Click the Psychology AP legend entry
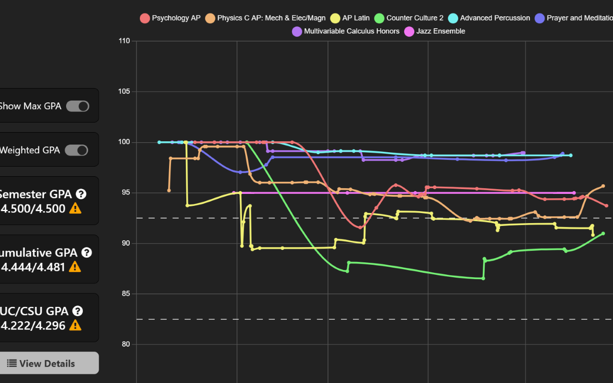tap(170, 18)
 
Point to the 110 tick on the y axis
tap(124, 41)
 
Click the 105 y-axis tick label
tap(124, 91)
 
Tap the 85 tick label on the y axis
tap(125, 294)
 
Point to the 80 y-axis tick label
tap(125, 344)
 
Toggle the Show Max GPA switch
tap(78, 106)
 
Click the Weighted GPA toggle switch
tap(77, 150)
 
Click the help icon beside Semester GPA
tap(81, 194)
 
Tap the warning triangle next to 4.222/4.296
tap(75, 326)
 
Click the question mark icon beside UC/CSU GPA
tap(78, 311)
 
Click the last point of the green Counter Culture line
tap(603, 234)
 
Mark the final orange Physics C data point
tap(603, 186)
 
